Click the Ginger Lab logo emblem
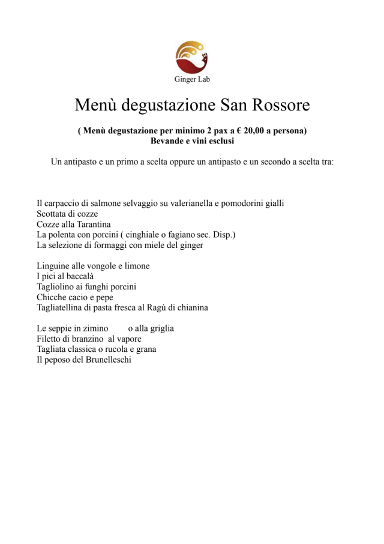point(191,58)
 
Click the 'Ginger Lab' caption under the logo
point(192,79)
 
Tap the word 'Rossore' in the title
point(279,105)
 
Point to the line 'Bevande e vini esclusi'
point(192,141)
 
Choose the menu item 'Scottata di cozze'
point(67,213)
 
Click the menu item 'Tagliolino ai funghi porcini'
point(86,287)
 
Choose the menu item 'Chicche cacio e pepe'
point(74,297)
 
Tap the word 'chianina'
point(190,308)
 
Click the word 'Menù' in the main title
point(95,105)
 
